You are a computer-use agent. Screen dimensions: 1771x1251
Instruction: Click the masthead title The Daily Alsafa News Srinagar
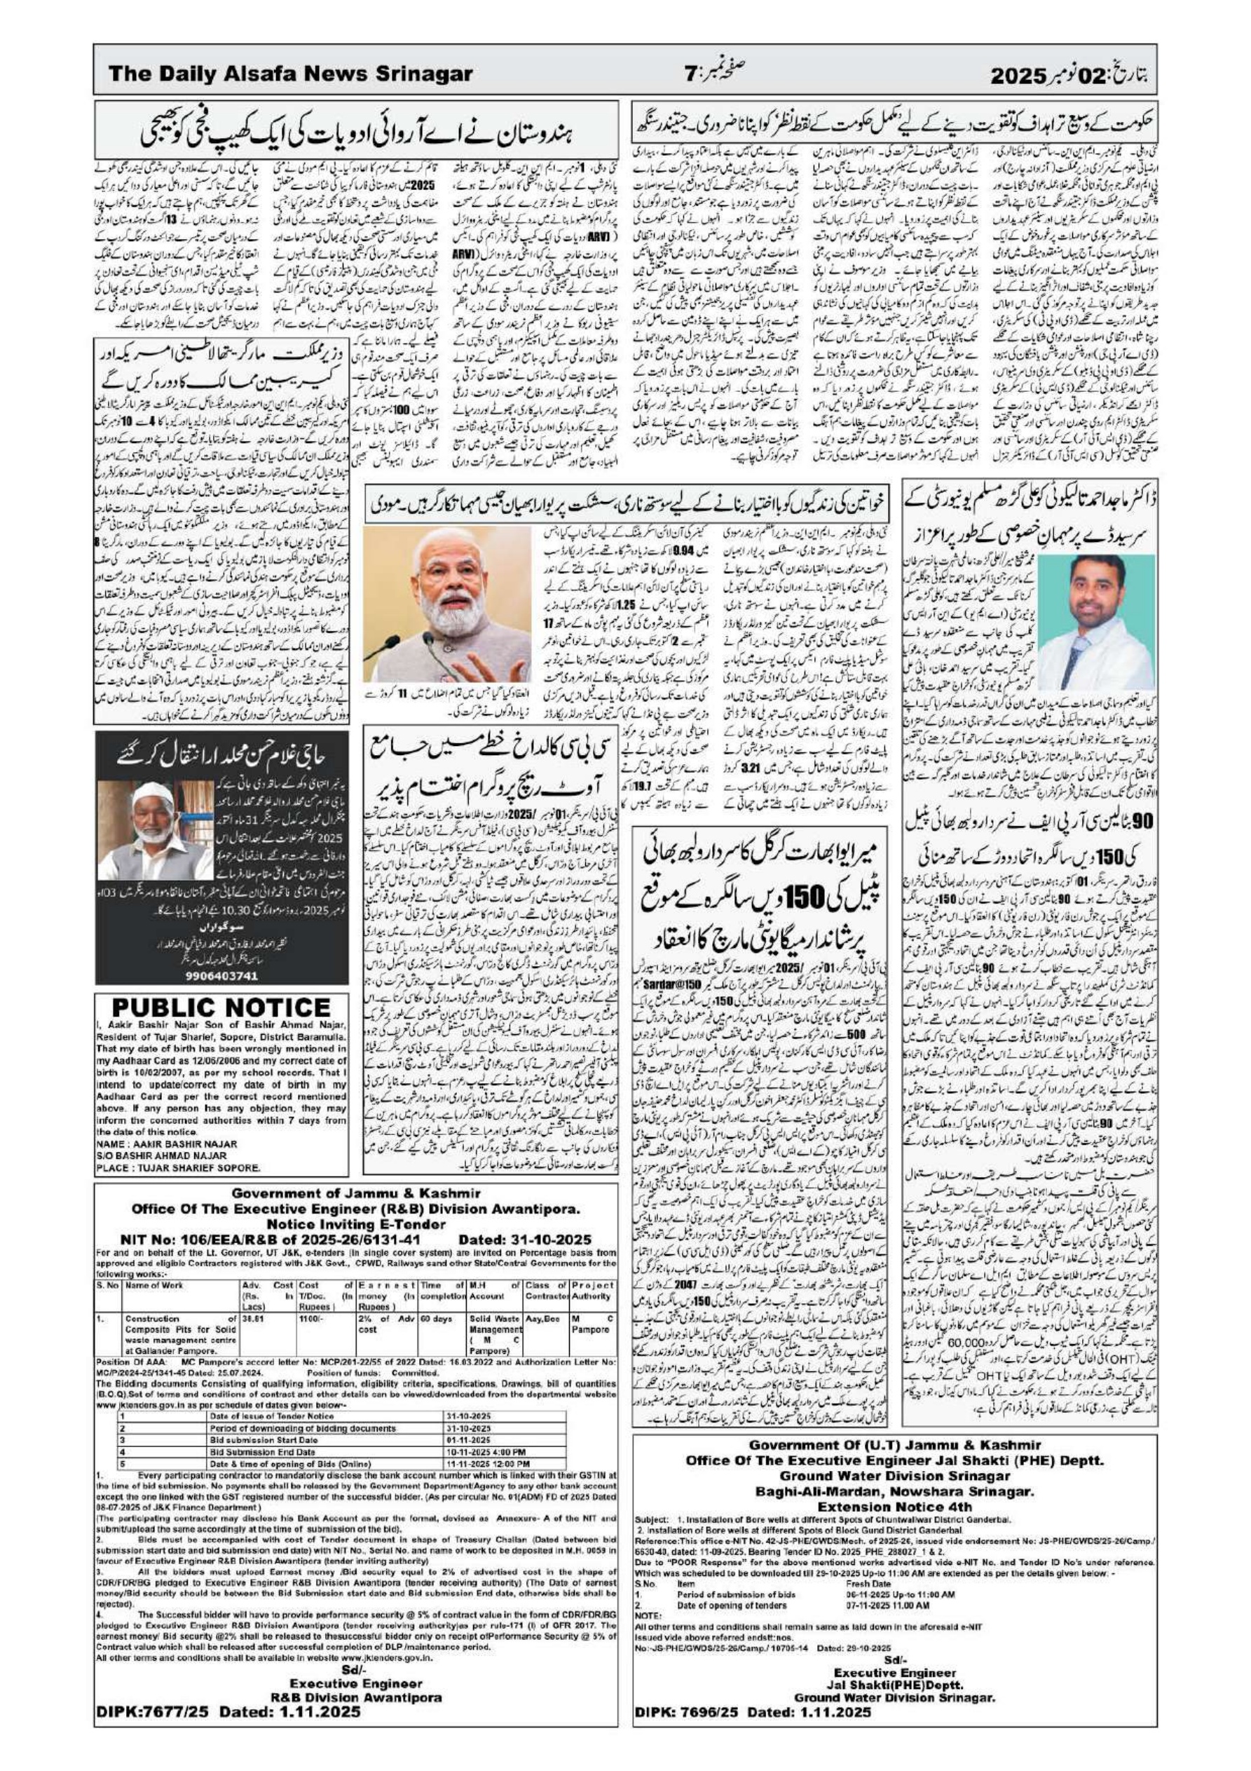pos(290,75)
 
